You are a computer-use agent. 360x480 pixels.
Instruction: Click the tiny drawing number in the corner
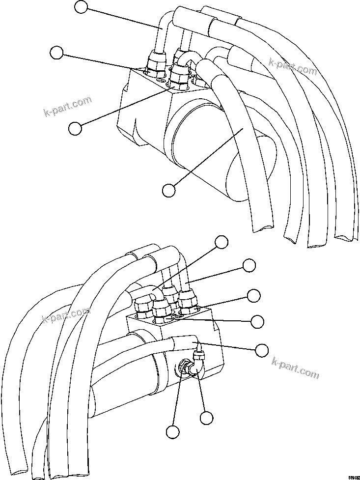pyautogui.click(x=353, y=477)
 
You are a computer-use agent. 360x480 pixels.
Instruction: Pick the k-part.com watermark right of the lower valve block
pyautogui.click(x=295, y=367)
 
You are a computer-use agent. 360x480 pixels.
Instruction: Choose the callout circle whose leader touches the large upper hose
pyautogui.click(x=169, y=189)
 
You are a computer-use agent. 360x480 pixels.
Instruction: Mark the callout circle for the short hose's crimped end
pyautogui.click(x=262, y=350)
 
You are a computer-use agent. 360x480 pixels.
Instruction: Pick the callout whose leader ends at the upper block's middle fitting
pyautogui.click(x=75, y=128)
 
